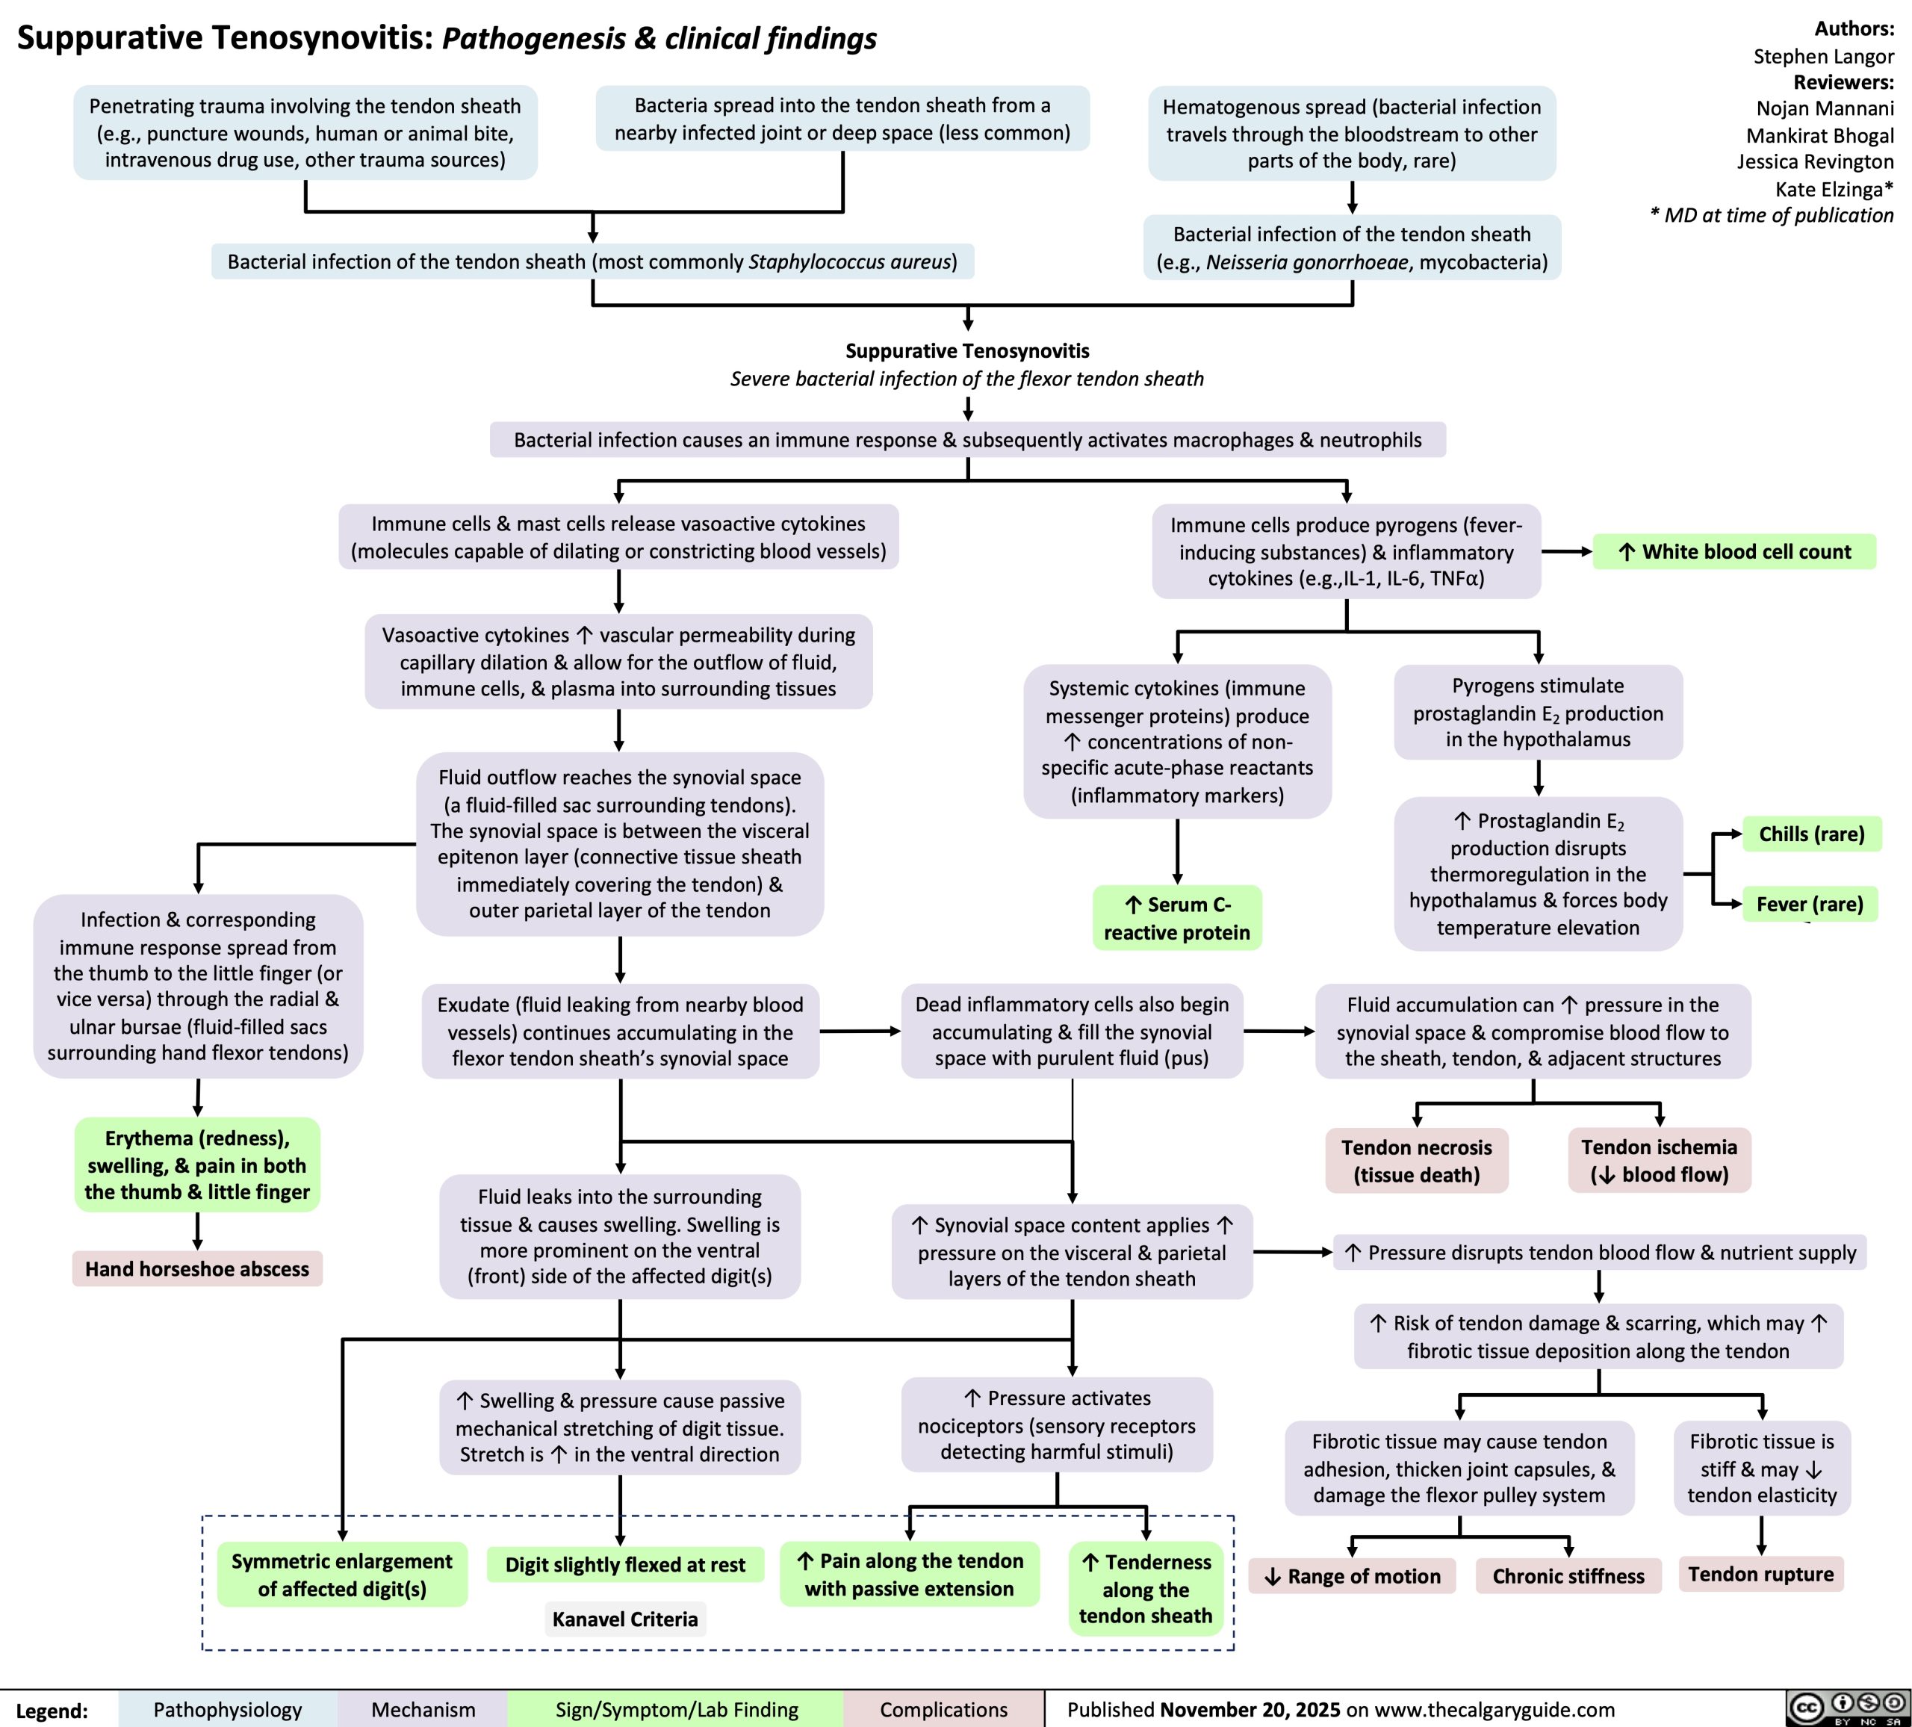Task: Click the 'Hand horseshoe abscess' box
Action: (197, 1269)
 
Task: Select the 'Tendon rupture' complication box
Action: (1760, 1575)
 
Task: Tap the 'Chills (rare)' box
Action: (1811, 834)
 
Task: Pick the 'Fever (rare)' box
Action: (1810, 904)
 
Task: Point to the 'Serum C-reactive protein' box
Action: (1177, 918)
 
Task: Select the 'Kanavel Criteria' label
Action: (625, 1619)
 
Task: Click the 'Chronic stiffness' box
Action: (1568, 1576)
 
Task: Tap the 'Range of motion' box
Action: (1352, 1576)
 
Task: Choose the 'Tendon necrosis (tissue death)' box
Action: (1416, 1161)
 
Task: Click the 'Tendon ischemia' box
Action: (1659, 1161)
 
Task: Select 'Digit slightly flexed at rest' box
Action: (625, 1565)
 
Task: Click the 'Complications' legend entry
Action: (943, 1709)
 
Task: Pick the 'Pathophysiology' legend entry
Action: (228, 1709)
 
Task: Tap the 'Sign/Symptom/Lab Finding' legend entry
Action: (676, 1709)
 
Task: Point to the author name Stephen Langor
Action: (1823, 56)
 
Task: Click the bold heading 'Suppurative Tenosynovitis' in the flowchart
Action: (967, 351)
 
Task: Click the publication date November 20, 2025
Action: (1250, 1709)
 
